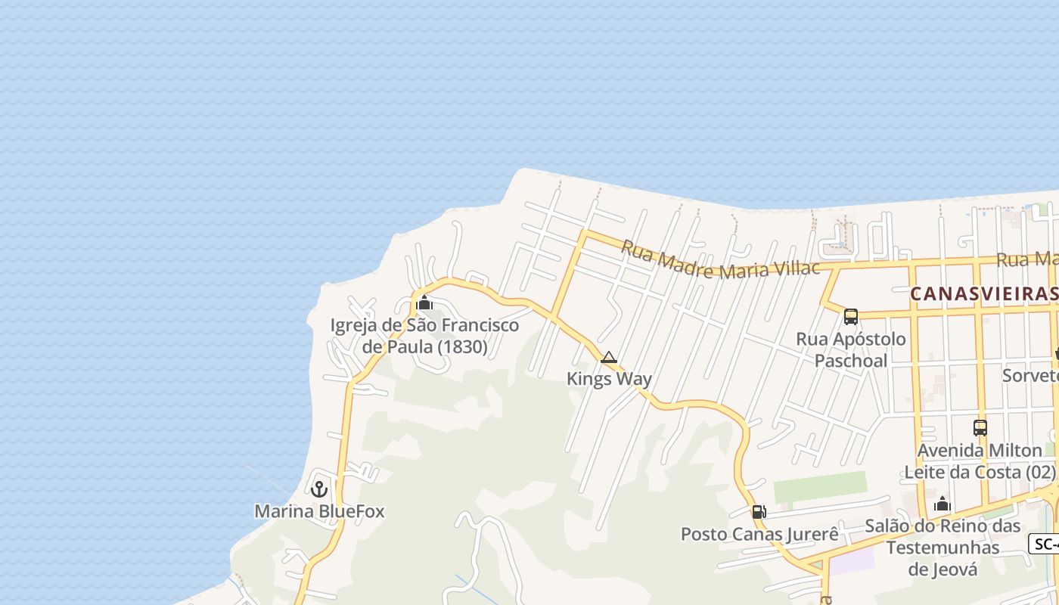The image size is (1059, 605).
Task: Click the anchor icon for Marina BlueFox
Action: pos(319,489)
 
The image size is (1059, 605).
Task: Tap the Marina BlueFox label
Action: pos(319,511)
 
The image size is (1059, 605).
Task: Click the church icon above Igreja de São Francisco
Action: pos(424,304)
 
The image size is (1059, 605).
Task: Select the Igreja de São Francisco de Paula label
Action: pos(424,336)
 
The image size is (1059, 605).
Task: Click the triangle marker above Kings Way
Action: pos(609,358)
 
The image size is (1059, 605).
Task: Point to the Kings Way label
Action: pos(609,378)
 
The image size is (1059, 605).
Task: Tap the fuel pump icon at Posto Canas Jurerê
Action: pos(759,512)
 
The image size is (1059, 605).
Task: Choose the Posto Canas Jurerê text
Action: pos(759,534)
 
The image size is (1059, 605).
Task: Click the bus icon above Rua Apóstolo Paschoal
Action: pos(851,316)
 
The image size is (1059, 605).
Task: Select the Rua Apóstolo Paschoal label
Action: pos(851,349)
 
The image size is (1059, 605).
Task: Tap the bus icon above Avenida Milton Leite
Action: pos(980,427)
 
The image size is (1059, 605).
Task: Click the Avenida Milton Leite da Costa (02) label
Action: pos(980,461)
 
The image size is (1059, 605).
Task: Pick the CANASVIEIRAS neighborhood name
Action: pos(983,293)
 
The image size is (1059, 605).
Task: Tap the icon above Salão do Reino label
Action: pos(943,504)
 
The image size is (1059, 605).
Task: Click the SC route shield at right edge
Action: pos(1045,544)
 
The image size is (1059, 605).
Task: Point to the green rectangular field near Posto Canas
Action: pos(820,488)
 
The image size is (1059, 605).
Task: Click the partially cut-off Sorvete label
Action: pos(1030,375)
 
